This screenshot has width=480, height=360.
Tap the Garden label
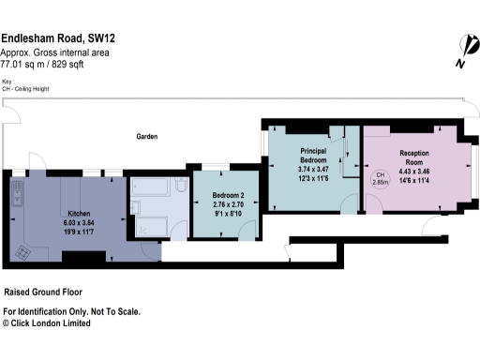(147, 136)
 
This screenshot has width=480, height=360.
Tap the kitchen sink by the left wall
(18, 196)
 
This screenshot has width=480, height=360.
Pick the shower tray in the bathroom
(152, 226)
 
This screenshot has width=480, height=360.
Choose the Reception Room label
(414, 157)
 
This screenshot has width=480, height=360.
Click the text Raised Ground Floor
(46, 292)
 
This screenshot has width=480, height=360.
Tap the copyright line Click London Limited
(49, 322)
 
